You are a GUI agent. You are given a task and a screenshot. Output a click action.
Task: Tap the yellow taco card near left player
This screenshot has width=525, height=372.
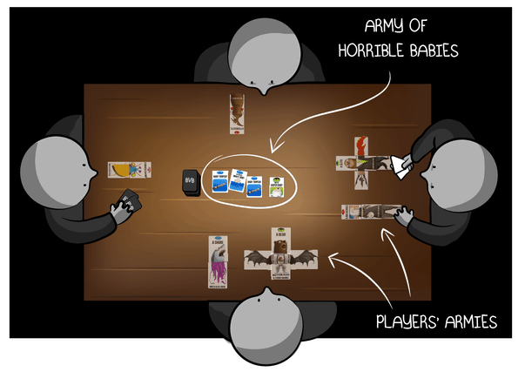(x=129, y=169)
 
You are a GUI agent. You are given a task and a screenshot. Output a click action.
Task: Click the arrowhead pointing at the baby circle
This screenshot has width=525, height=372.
(x=273, y=149)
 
